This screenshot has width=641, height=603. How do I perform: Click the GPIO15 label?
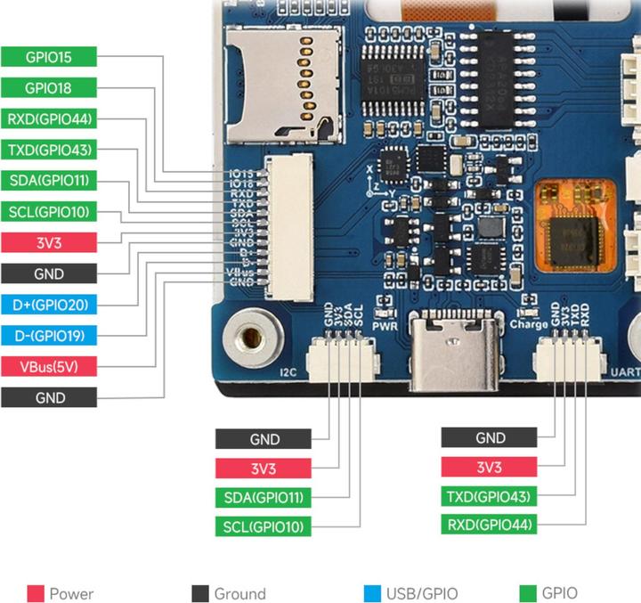48,56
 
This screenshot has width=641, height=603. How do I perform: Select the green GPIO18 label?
48,87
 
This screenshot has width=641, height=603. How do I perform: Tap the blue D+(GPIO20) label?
48,305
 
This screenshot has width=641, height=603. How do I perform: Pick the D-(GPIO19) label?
48,336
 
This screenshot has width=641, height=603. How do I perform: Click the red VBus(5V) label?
48,366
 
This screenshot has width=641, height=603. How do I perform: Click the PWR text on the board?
385,325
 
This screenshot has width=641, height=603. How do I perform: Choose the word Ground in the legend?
239,594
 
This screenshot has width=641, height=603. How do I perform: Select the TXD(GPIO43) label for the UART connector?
490,496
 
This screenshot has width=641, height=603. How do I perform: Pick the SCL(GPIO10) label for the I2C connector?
263,526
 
